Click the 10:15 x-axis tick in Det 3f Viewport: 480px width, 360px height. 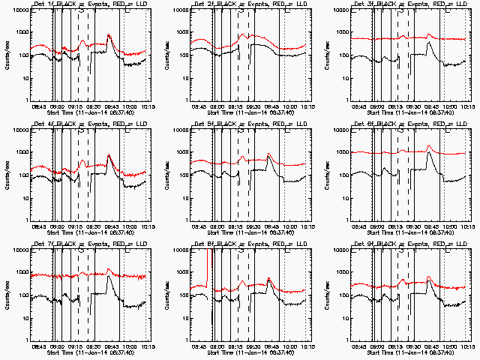(x=466, y=106)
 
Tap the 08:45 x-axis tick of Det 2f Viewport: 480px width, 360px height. (x=199, y=106)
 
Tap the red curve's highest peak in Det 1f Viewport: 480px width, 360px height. (x=109, y=34)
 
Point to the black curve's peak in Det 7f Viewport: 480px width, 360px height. (x=109, y=278)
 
